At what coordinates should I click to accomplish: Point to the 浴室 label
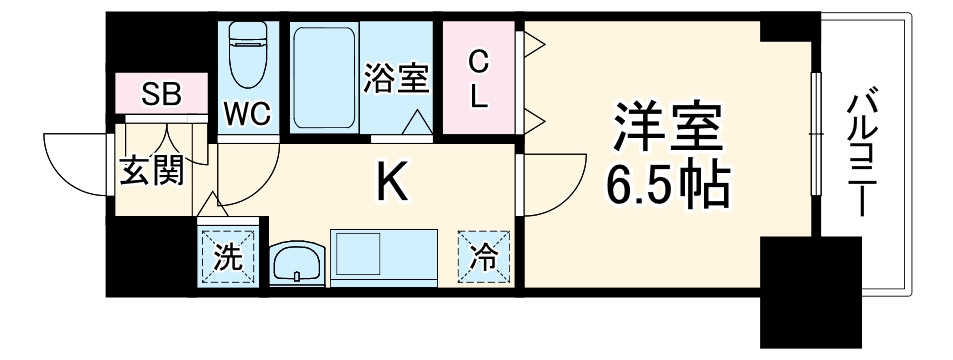point(397,79)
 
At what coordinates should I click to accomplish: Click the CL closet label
point(479,79)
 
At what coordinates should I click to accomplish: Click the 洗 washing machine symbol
point(229,258)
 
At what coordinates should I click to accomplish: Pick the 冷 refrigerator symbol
point(485,257)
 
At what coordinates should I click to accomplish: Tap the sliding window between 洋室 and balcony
point(819,149)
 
